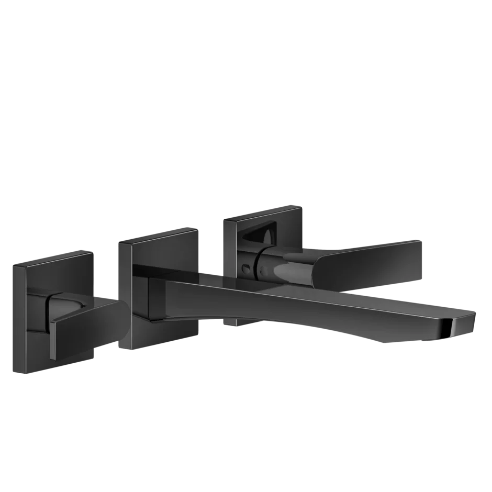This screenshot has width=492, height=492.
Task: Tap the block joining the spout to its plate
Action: pos(157,301)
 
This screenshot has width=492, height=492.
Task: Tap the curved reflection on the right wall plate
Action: pos(262,236)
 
